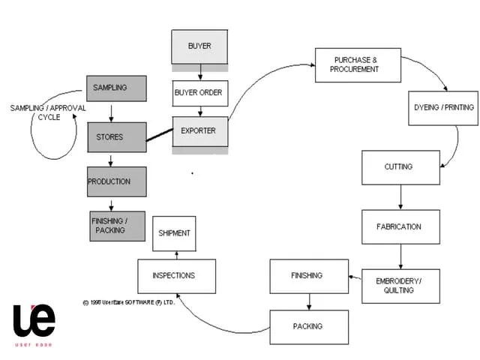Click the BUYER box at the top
click(199, 46)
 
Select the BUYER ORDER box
click(199, 93)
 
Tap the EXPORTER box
click(199, 131)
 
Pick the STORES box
click(116, 137)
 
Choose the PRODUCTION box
click(116, 181)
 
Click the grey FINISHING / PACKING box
click(118, 226)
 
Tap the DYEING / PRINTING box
click(443, 108)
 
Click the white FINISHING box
click(308, 276)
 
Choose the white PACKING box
click(308, 327)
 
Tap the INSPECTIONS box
click(176, 276)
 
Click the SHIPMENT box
click(175, 234)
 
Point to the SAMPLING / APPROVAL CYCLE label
click(48, 112)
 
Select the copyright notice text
click(128, 303)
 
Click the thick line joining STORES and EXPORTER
click(158, 135)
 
